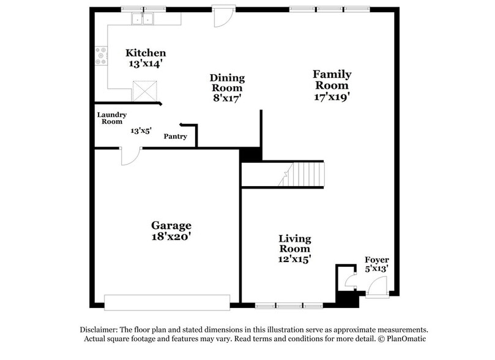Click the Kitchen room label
click(146, 53)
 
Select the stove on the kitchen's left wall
click(101, 56)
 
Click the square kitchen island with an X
click(146, 92)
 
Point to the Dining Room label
click(227, 78)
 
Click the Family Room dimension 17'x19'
click(332, 96)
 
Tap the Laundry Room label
click(111, 118)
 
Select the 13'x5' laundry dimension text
click(141, 130)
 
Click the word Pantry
click(175, 136)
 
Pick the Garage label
click(171, 225)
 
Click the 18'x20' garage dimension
click(171, 236)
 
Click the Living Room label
click(295, 244)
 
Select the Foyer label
click(376, 260)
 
